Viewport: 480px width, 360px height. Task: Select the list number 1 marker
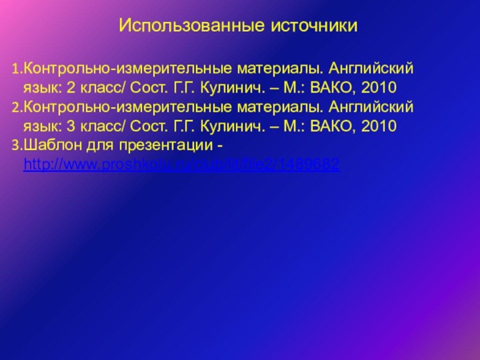pos(16,69)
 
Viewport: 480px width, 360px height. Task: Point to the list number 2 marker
pos(16,107)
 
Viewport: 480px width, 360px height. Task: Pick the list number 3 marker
pos(16,145)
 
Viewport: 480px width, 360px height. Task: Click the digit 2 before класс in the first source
pos(70,87)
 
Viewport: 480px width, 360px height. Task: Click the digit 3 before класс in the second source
pos(70,126)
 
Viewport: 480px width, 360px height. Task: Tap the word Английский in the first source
pos(371,69)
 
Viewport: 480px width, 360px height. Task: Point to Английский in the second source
pos(371,107)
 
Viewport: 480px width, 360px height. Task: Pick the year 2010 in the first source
pos(379,87)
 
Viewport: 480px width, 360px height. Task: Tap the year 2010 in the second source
pos(379,126)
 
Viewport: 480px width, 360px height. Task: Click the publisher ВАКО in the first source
pos(330,87)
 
